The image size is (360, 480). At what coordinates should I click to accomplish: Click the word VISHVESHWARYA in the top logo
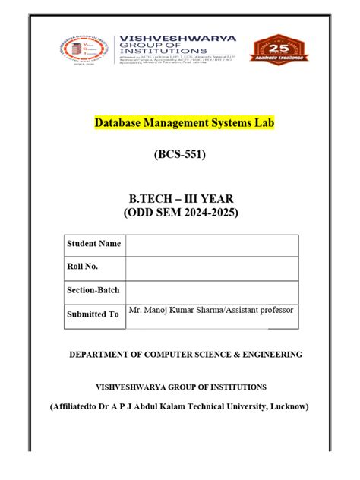[175, 38]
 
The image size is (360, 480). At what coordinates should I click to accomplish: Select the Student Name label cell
[93, 244]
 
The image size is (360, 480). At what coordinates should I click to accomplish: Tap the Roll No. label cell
[83, 267]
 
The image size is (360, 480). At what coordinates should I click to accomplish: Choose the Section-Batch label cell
[93, 290]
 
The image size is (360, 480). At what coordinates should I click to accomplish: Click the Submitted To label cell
[92, 314]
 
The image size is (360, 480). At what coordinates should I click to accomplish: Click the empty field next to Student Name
[212, 245]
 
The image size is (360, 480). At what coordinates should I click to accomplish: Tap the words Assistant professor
[257, 310]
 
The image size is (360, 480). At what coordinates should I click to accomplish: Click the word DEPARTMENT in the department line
[99, 355]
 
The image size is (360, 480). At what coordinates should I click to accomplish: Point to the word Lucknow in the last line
[289, 406]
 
